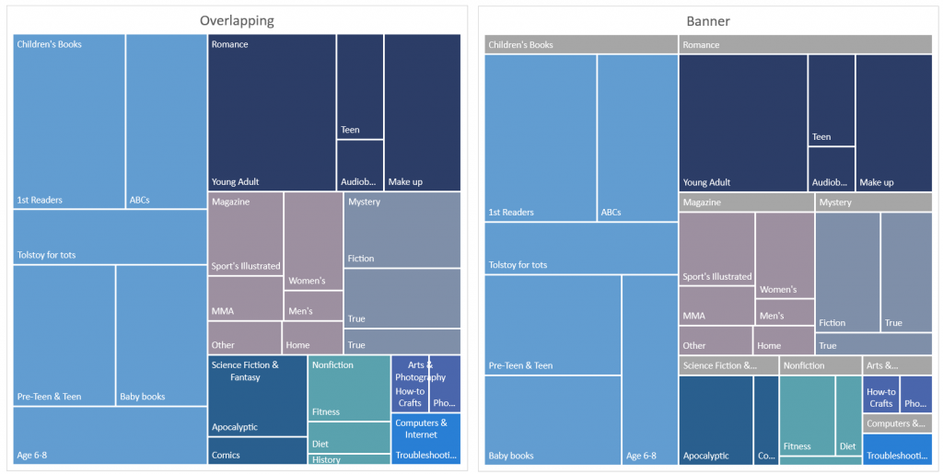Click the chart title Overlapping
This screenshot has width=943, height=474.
pos(237,20)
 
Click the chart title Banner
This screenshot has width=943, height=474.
pos(709,20)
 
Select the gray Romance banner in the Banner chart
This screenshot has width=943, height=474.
pos(806,44)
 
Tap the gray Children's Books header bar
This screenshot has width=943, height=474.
pos(581,44)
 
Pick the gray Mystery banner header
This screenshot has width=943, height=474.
pos(873,202)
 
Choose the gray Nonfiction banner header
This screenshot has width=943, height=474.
pos(820,365)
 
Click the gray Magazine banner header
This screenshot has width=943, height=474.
pos(746,202)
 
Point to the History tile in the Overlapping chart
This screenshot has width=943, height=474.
pos(349,459)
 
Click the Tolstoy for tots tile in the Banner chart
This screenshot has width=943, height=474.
pos(581,249)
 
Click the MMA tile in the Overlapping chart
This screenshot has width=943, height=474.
pos(245,298)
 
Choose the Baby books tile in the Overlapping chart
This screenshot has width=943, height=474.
pos(161,336)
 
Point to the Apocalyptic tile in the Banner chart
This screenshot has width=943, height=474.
pos(716,419)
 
